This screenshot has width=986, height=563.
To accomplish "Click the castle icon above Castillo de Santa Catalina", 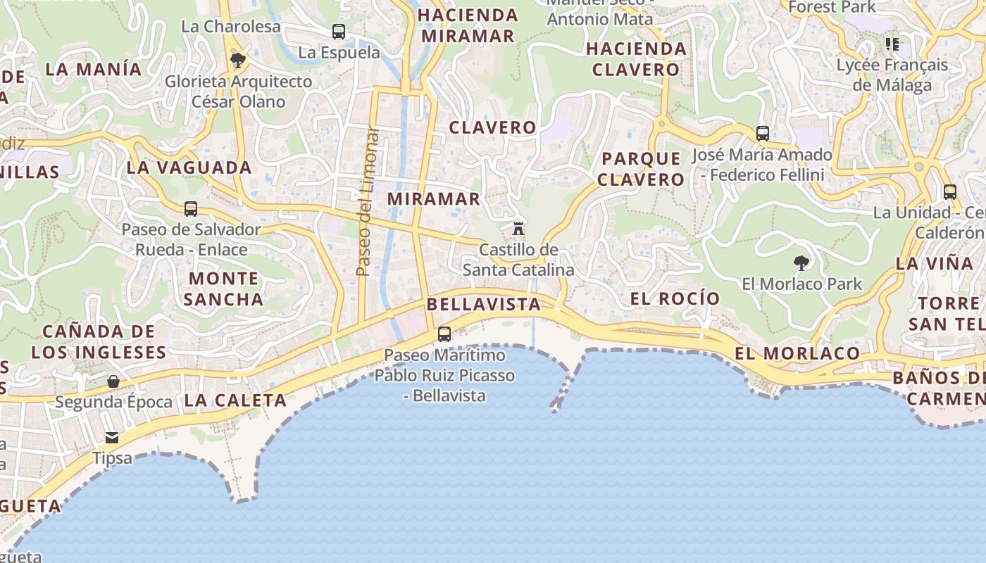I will pyautogui.click(x=518, y=228).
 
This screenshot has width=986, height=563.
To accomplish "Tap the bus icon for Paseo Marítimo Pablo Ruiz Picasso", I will pyautogui.click(x=444, y=334).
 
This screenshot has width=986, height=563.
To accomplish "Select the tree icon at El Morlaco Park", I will pyautogui.click(x=801, y=263).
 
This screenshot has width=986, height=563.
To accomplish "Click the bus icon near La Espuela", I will pyautogui.click(x=339, y=31).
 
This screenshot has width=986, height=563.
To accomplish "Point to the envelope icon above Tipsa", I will pyautogui.click(x=112, y=438).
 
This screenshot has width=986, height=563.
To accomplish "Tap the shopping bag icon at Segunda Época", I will pyautogui.click(x=113, y=381).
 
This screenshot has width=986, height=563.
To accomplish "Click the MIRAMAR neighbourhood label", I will pyautogui.click(x=434, y=199).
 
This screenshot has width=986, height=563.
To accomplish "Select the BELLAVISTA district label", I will pyautogui.click(x=484, y=305).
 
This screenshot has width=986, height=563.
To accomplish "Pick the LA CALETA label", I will pyautogui.click(x=235, y=401).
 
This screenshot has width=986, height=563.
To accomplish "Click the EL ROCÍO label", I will pyautogui.click(x=675, y=298).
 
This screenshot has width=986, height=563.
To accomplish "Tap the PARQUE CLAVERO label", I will pyautogui.click(x=641, y=169).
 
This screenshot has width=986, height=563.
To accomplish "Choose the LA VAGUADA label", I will pyautogui.click(x=189, y=167).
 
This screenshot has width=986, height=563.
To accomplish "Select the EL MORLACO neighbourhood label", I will pyautogui.click(x=797, y=353).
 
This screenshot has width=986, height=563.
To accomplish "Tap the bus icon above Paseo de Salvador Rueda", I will pyautogui.click(x=191, y=209).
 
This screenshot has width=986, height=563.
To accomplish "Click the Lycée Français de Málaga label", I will pyautogui.click(x=892, y=75).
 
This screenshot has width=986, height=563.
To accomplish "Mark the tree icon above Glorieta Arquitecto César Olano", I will pyautogui.click(x=238, y=60).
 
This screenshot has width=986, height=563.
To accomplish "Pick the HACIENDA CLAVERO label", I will pyautogui.click(x=636, y=59).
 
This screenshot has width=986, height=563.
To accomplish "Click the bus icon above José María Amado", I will pyautogui.click(x=762, y=133).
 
